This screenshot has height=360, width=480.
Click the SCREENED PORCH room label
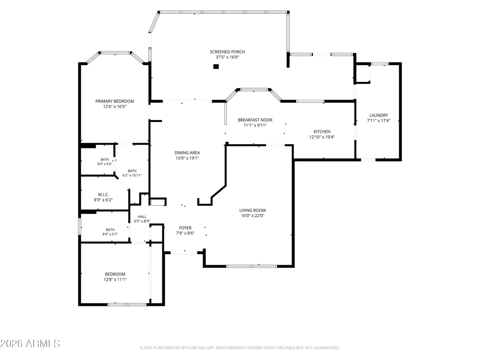coord(227,52)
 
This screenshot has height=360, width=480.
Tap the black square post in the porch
coord(216,66)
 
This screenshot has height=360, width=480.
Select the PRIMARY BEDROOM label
coord(115,101)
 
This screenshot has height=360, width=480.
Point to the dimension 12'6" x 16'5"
coord(115,107)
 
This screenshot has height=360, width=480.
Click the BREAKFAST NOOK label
coord(255,120)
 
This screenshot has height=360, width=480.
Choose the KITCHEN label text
coord(322,132)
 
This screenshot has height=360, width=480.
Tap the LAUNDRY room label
coord(379,115)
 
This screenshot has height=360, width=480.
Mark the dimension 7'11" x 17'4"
coord(379,120)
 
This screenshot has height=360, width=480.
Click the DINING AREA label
coord(187,153)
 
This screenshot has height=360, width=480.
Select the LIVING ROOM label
coord(252,210)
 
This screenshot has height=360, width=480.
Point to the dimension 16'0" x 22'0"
coord(252,216)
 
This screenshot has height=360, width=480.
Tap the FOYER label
coord(185,228)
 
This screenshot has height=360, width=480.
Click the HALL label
coord(142,217)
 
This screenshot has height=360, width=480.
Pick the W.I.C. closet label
coord(103,194)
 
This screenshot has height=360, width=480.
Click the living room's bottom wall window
coord(251,266)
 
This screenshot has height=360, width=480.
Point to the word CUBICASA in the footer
coord(196,348)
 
